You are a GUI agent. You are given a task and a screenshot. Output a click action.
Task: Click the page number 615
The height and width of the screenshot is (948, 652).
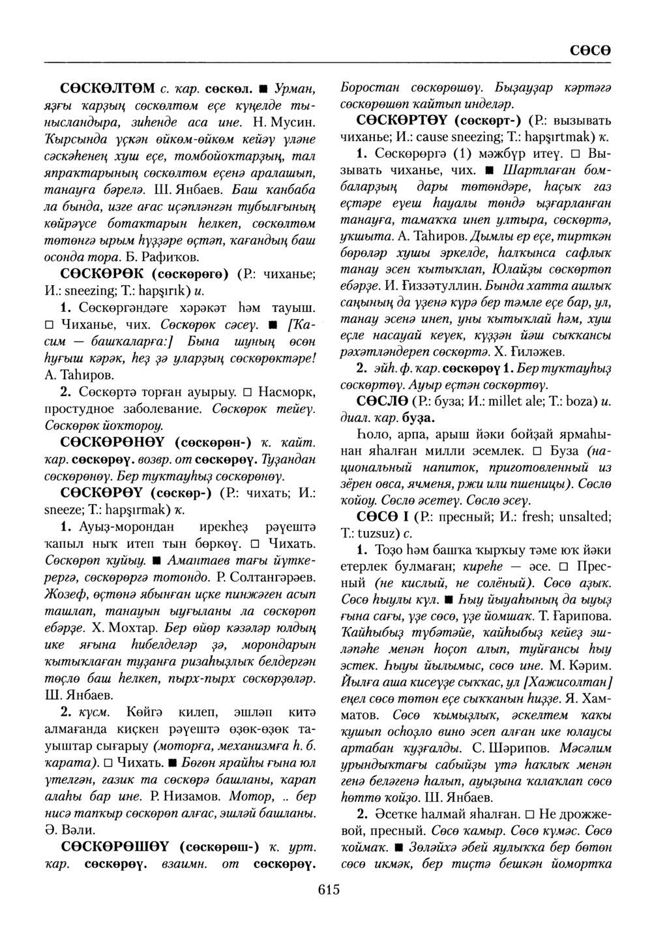coord(329,889)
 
